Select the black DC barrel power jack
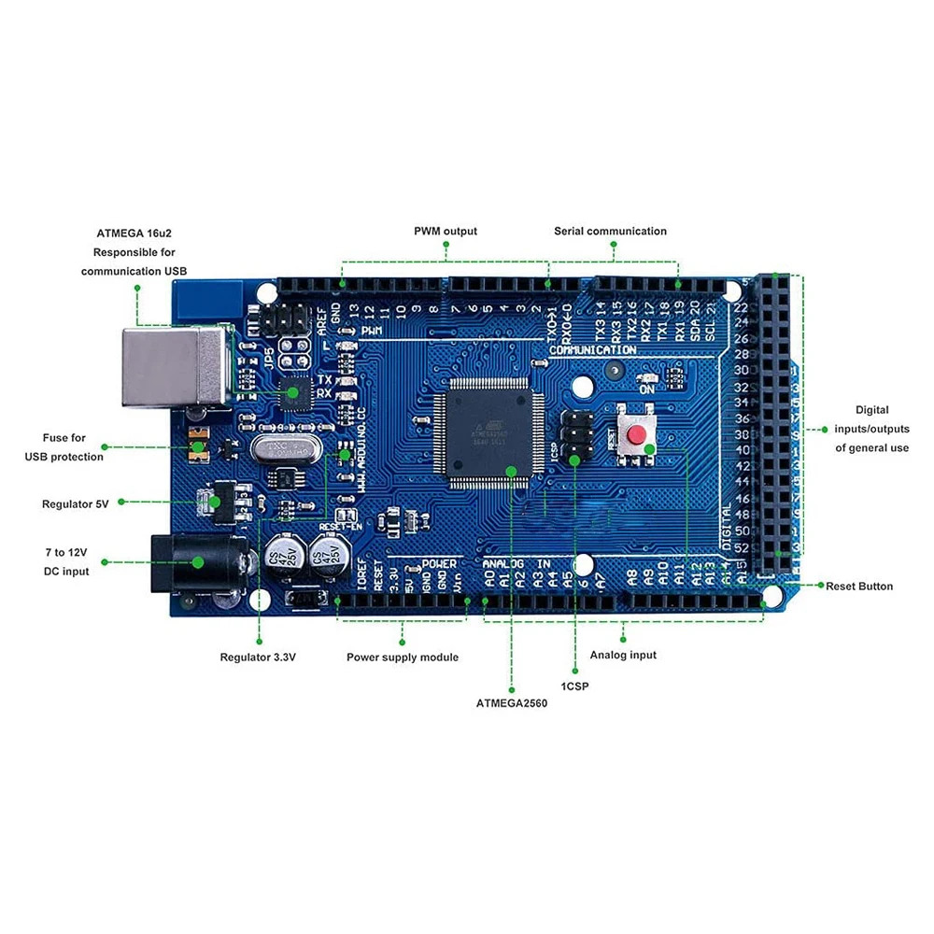click(196, 563)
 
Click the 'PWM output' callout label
click(446, 231)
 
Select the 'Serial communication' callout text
click(610, 231)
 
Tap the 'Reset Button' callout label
click(859, 587)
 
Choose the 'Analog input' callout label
click(623, 655)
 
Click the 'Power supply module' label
click(403, 658)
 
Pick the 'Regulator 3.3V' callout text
click(258, 658)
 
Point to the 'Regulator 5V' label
click(76, 504)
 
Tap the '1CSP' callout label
click(574, 686)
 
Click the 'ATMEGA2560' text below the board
click(511, 703)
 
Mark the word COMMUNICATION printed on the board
click(593, 350)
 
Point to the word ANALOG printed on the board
click(505, 565)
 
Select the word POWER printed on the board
click(439, 564)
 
